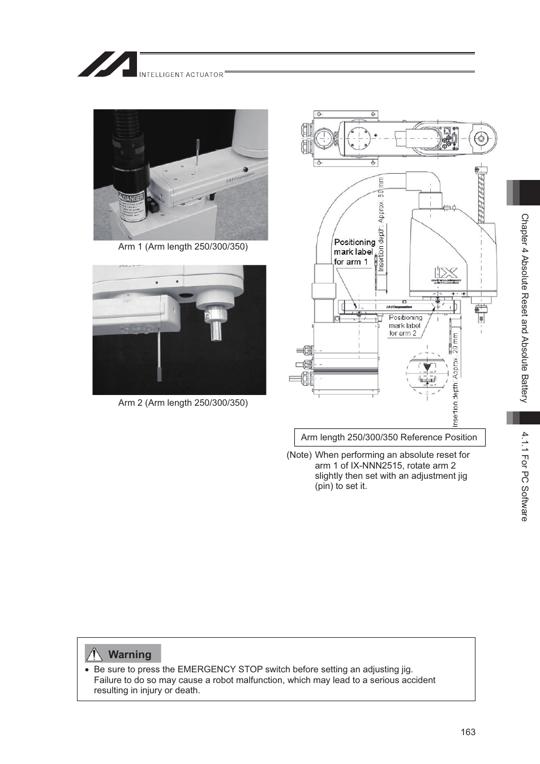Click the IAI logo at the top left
click(x=108, y=65)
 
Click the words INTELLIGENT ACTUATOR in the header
click(x=181, y=75)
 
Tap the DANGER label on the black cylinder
click(x=131, y=199)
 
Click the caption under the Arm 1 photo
click(x=183, y=247)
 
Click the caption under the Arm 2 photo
click(x=183, y=403)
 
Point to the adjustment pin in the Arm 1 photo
click(x=197, y=152)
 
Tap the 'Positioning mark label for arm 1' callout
click(x=354, y=252)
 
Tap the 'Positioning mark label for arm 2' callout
click(x=405, y=325)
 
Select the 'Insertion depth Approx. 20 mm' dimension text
click(x=455, y=379)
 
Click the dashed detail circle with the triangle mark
click(x=427, y=373)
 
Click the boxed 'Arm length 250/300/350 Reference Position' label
click(x=389, y=437)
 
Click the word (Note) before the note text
click(x=299, y=455)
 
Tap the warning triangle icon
click(x=94, y=654)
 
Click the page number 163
click(x=468, y=732)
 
